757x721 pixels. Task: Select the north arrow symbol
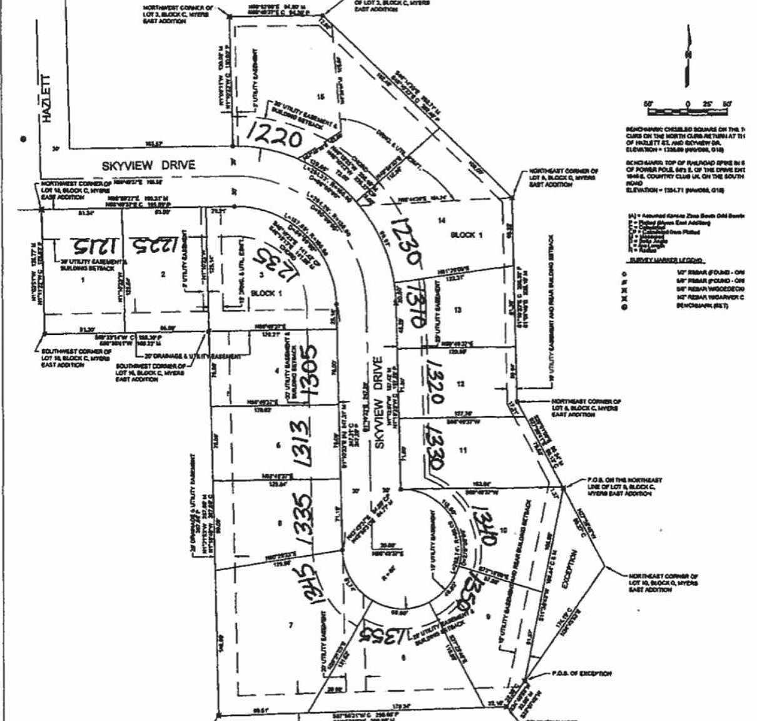(688, 59)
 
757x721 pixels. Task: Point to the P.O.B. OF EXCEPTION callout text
(581, 673)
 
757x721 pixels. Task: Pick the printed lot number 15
(321, 96)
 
